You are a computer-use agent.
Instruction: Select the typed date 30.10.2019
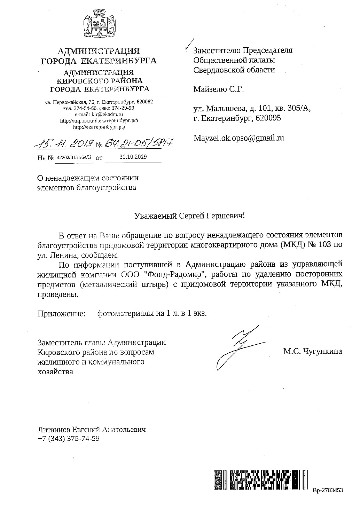133,157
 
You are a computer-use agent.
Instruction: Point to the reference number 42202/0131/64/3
74,157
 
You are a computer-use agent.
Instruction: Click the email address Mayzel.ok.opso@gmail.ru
239,138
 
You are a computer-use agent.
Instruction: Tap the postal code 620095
268,118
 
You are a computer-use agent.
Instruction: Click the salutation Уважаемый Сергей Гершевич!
190,216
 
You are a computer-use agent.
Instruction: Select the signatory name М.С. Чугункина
312,351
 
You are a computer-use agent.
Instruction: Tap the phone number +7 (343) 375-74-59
69,439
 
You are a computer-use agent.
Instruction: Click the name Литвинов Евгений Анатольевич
92,430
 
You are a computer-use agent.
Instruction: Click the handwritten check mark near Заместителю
188,44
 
